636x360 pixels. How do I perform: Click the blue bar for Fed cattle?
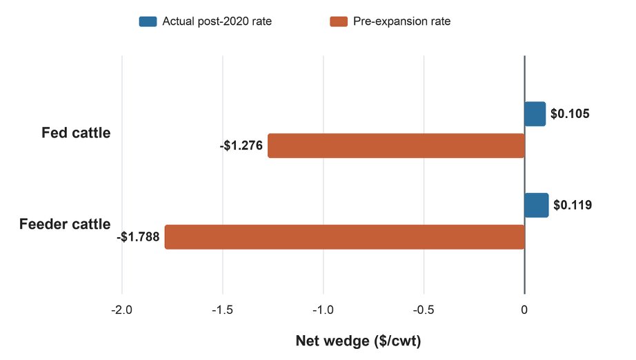point(535,114)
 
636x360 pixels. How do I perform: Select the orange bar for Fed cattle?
point(396,146)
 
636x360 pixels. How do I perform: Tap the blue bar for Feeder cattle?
point(537,205)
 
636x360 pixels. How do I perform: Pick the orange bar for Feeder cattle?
point(345,237)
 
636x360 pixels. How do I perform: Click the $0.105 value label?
point(570,114)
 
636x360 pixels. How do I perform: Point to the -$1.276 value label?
point(241,146)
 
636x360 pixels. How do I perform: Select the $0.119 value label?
point(573,205)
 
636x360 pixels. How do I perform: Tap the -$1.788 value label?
point(139,237)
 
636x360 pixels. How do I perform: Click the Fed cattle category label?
point(76,133)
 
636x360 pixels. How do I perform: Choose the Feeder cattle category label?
point(65,224)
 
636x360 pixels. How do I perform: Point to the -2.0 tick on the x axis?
point(121,310)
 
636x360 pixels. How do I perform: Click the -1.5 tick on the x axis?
point(222,310)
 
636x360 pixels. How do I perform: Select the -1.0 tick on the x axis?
point(323,310)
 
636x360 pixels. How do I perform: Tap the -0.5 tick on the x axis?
point(424,310)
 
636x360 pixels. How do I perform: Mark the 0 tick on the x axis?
point(524,310)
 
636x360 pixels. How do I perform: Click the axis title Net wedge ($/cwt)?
point(358,341)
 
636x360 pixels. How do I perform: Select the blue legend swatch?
point(148,21)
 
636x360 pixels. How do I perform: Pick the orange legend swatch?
point(339,21)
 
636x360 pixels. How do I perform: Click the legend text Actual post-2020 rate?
point(217,21)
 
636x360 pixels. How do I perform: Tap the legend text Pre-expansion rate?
point(402,21)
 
